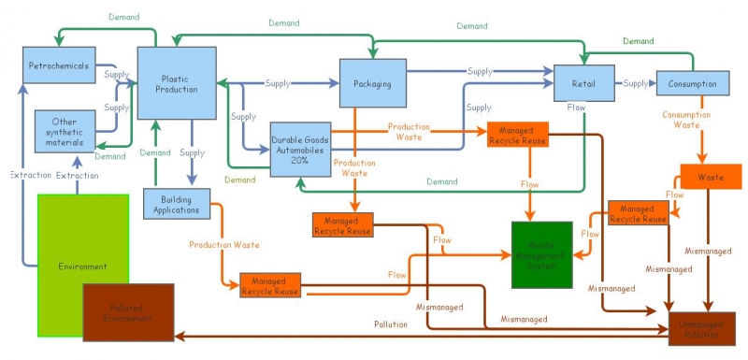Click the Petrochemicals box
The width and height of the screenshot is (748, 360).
(57, 66)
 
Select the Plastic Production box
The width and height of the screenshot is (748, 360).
(177, 83)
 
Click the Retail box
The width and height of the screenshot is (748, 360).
(583, 83)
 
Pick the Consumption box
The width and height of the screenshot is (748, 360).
(692, 84)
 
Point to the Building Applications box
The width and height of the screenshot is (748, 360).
(177, 203)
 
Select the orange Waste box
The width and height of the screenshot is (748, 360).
(710, 176)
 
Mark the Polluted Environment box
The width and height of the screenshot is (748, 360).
(129, 312)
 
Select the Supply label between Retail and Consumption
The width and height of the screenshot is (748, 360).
(636, 83)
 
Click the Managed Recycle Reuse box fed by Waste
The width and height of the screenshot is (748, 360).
(638, 213)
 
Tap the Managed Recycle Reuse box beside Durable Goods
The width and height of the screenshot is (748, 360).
(517, 135)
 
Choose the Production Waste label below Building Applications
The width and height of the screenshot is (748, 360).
(224, 245)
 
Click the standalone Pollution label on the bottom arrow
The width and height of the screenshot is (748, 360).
(391, 324)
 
